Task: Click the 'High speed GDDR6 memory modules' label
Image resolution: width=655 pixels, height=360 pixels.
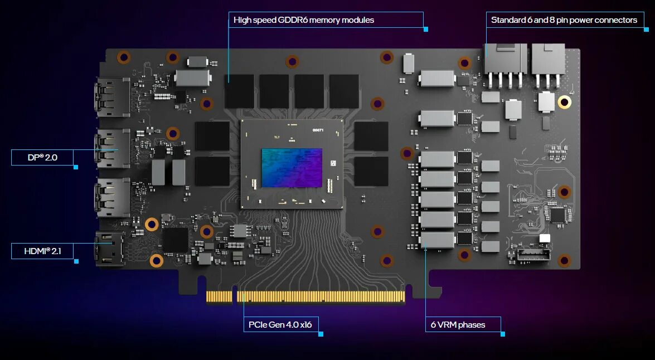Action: click(304, 20)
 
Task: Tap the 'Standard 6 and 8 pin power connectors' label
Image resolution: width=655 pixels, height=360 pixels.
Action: click(564, 20)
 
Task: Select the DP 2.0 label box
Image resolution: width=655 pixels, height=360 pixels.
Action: click(42, 158)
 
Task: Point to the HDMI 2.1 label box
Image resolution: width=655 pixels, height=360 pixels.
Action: click(42, 251)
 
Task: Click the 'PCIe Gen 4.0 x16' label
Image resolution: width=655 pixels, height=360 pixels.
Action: click(280, 324)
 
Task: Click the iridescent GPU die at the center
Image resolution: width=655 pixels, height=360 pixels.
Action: click(292, 168)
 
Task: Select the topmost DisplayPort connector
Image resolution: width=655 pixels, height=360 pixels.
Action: click(113, 98)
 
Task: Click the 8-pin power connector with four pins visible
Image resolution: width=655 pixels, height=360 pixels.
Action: click(506, 61)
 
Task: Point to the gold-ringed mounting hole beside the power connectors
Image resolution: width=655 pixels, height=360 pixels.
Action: click(565, 102)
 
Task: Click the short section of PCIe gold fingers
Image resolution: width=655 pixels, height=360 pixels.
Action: click(219, 296)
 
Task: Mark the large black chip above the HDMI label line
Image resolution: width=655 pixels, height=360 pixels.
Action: click(175, 239)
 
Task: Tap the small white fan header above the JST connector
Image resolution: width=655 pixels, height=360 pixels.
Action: click(544, 239)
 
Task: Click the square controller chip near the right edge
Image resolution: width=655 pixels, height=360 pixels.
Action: click(557, 215)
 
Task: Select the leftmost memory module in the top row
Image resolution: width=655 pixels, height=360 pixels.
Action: click(239, 91)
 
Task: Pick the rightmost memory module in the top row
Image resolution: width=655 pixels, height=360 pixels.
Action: click(344, 91)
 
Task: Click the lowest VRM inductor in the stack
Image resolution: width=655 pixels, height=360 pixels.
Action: click(438, 240)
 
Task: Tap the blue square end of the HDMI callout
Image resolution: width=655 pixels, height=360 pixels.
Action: click(76, 261)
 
